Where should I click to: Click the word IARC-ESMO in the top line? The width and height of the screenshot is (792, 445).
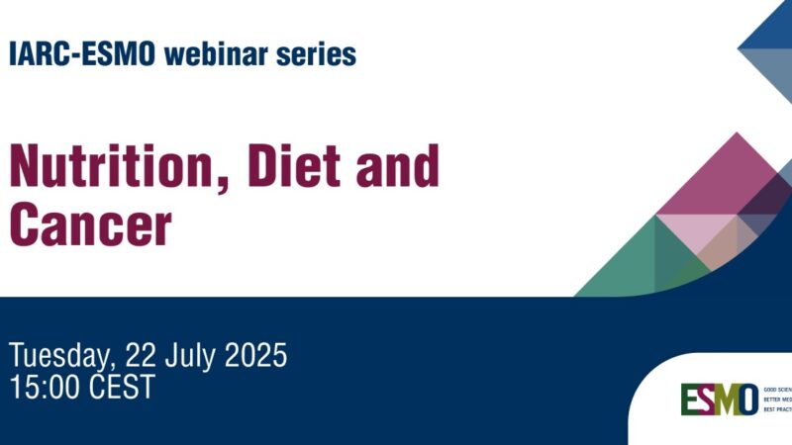tap(82, 55)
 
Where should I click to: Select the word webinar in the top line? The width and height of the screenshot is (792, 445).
tap(219, 55)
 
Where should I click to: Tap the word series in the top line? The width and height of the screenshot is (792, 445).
tap(319, 55)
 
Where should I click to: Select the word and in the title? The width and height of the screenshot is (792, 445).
tap(395, 167)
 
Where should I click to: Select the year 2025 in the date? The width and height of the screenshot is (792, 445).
tap(257, 355)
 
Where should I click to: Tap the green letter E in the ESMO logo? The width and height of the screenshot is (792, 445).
tap(689, 399)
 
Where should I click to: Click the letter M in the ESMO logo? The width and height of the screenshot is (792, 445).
tap(724, 399)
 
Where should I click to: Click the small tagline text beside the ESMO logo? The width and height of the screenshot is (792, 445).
tap(776, 400)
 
